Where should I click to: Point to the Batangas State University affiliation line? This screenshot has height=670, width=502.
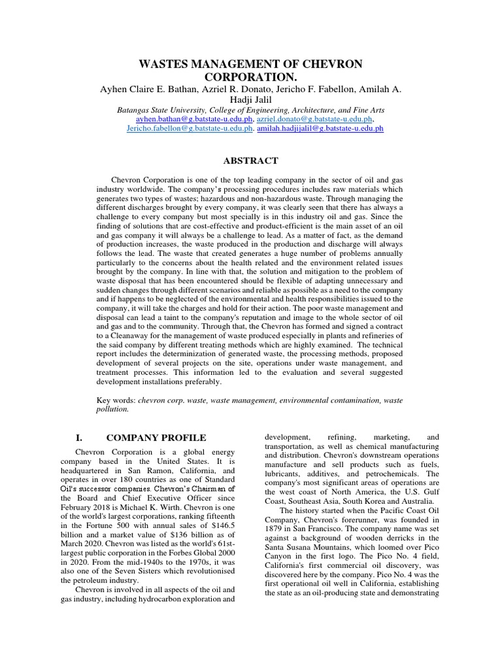coord(250,111)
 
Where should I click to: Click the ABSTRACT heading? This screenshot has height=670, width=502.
coord(251,160)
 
